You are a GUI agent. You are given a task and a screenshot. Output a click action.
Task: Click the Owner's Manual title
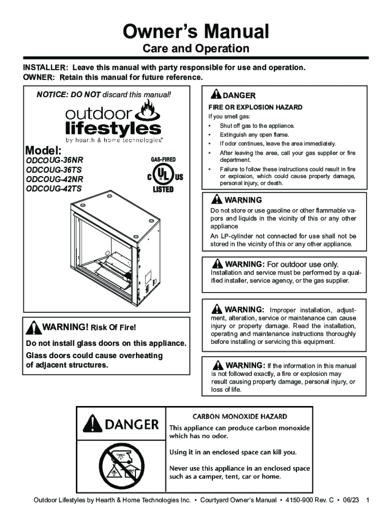196,32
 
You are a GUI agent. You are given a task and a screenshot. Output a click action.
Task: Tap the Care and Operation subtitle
196,48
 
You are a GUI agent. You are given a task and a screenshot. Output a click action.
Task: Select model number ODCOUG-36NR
54,160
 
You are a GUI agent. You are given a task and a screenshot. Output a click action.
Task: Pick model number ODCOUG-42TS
54,188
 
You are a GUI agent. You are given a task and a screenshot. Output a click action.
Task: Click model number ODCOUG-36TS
54,169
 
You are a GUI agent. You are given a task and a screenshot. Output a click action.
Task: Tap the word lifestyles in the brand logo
113,129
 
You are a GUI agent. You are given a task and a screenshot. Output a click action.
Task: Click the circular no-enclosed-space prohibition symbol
121,466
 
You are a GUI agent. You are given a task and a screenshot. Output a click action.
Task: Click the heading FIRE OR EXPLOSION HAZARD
256,107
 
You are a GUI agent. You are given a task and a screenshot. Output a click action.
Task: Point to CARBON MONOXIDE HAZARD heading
240,416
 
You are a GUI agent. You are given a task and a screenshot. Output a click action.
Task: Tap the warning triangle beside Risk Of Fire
34,328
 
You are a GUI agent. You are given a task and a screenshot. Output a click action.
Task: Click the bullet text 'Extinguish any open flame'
255,135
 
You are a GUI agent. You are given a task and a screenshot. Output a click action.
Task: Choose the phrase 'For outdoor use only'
302,264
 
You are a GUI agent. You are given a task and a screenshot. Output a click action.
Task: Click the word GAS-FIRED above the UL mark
163,159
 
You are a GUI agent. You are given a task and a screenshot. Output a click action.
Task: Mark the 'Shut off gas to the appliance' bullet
257,126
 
